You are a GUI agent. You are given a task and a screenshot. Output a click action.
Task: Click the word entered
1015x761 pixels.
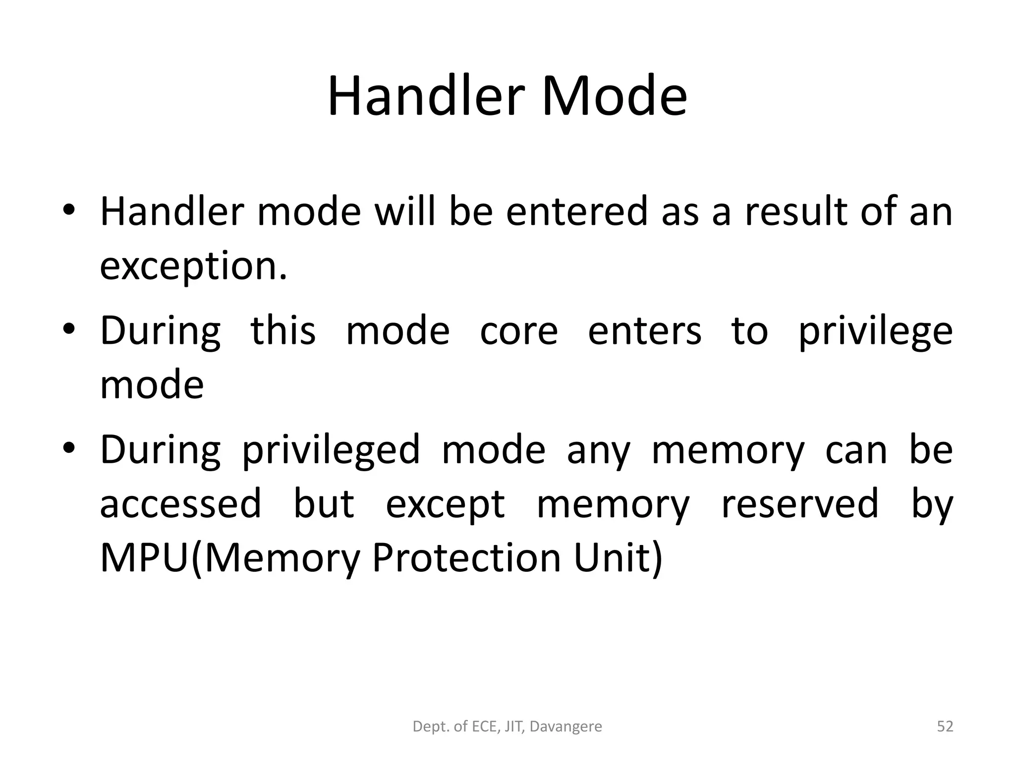coord(577,212)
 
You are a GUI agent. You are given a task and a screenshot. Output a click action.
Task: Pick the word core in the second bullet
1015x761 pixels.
coord(519,331)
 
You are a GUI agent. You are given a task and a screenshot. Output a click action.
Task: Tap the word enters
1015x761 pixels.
coord(644,331)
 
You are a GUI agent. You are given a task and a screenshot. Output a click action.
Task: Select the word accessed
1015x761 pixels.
coord(180,503)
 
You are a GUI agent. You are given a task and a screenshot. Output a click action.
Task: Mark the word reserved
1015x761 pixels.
coord(799,503)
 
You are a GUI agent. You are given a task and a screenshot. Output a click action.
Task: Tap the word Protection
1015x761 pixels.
coord(465,558)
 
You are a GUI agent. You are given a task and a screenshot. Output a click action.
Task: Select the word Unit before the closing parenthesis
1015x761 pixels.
coord(612,558)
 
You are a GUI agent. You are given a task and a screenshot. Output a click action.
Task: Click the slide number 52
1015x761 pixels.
coord(945,726)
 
